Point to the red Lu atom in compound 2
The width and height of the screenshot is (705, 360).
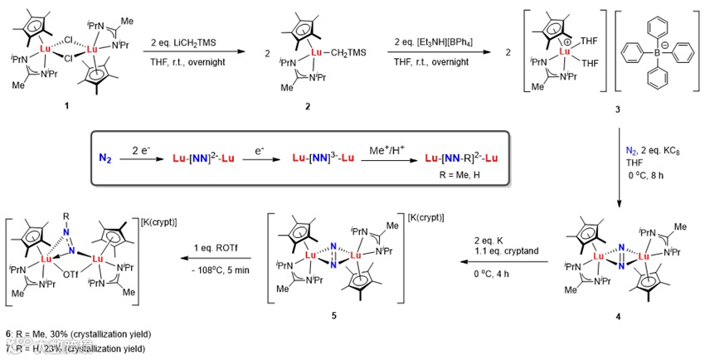[x=314, y=55]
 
